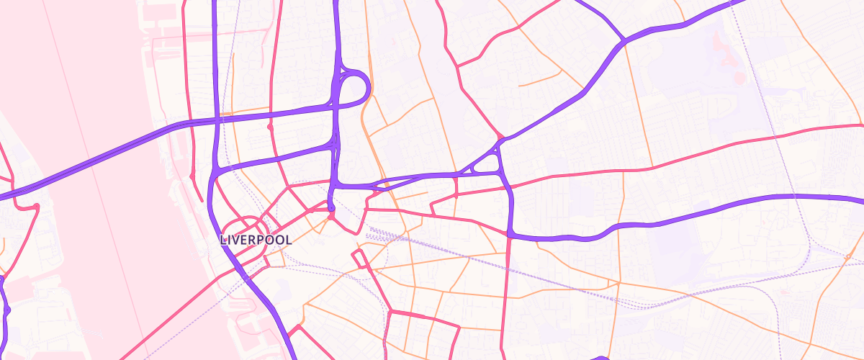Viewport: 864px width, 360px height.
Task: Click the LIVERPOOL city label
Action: coord(256,240)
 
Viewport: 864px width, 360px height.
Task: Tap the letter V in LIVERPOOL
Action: coord(240,240)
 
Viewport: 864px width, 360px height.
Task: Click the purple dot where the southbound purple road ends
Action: coord(331,210)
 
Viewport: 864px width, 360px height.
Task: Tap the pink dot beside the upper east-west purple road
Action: coord(270,127)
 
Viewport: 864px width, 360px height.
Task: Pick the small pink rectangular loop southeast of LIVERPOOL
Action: coord(358,258)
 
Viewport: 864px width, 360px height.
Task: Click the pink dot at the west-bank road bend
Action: coord(35,207)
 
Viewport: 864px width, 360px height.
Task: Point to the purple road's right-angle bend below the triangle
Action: coord(510,234)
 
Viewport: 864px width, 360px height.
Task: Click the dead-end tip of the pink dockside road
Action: coord(200,201)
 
